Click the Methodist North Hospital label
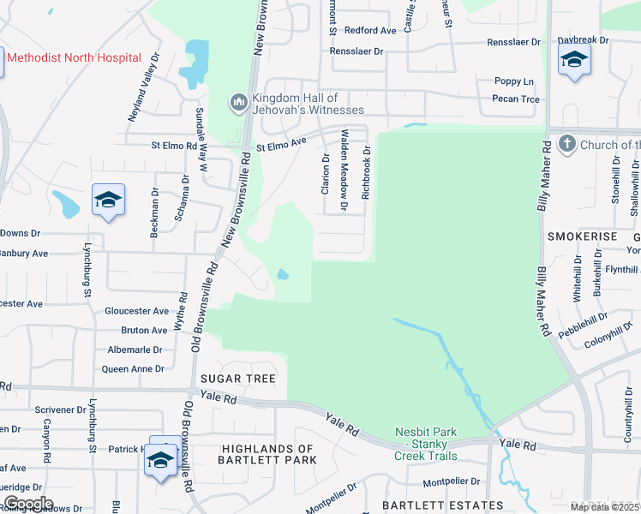74,57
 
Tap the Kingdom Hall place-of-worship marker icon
238,104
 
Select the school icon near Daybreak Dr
574,60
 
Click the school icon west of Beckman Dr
109,200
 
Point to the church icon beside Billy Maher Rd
566,145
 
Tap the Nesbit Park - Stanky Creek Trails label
426,444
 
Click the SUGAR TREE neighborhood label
238,379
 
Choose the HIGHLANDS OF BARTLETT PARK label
267,455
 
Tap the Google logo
27,504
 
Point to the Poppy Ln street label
514,81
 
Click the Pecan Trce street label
517,99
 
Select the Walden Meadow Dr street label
344,170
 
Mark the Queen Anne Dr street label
133,369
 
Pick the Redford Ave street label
369,30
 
